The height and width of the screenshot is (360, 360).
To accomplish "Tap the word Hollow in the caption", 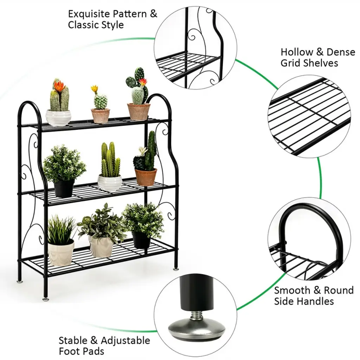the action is click(x=296, y=52).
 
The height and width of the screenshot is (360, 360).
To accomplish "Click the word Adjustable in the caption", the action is click(x=126, y=340).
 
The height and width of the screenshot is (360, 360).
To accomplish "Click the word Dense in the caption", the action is click(x=341, y=52).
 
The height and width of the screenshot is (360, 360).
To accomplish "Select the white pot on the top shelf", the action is click(x=58, y=117).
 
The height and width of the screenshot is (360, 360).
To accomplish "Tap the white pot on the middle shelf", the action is click(x=110, y=183).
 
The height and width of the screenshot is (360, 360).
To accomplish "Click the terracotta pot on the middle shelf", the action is click(x=146, y=177).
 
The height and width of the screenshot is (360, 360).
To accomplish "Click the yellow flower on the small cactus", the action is click(x=94, y=88).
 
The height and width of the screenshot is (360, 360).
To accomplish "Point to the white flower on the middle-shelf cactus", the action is click(x=142, y=150).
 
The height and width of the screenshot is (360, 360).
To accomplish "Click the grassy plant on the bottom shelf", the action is click(x=61, y=230).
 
